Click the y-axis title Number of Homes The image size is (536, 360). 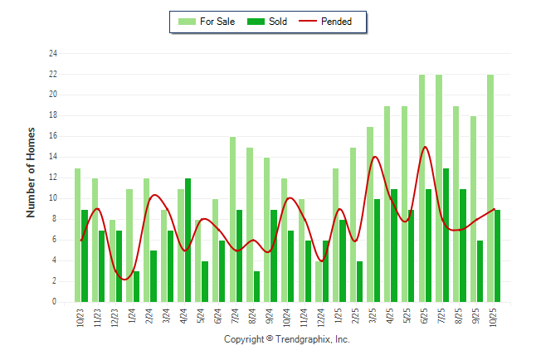tap(31, 172)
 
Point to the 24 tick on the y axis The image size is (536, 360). tap(53, 54)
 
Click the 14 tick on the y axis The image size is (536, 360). tap(53, 157)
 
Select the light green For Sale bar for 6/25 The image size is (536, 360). tap(421, 188)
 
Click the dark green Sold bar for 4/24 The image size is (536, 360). tap(188, 240)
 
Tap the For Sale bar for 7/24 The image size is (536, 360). tap(232, 219)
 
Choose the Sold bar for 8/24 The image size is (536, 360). tap(256, 286)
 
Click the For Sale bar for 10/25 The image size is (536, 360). tap(490, 188)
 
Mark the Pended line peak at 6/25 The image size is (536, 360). tap(426, 147)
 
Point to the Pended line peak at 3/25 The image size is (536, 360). tap(374, 157)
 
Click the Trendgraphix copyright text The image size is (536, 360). tap(287, 339)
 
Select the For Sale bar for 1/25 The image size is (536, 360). tap(335, 235)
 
